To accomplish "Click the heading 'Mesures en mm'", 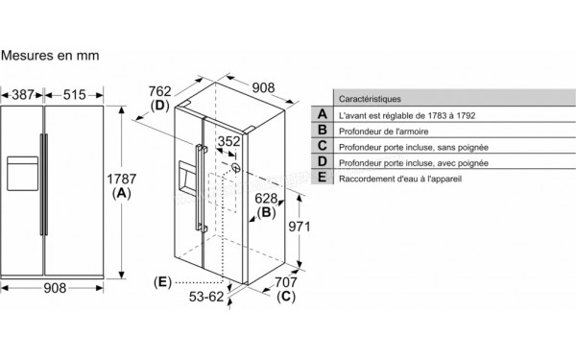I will pos(50,57).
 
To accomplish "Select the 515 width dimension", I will pos(75,95).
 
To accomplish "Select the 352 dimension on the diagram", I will pos(228,142).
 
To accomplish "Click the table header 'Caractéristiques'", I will pos(371,99).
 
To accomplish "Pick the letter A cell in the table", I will pos(323,115).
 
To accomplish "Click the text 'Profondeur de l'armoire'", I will pos(383,131).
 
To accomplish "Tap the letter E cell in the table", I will pos(323,180).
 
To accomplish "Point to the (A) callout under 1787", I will pos(121,193).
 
